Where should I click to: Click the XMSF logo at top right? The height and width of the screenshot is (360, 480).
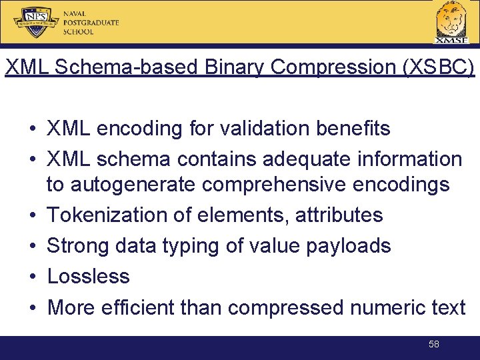point(451,22)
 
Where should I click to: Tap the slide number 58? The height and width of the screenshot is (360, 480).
point(434,344)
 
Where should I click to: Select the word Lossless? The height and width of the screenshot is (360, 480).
point(89,276)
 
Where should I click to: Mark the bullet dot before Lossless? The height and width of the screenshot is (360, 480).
point(32,277)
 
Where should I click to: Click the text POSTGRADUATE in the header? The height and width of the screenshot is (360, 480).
point(91,22)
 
